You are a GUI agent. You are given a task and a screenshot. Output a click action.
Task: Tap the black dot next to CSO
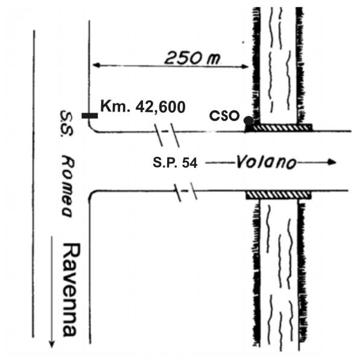point(248,120)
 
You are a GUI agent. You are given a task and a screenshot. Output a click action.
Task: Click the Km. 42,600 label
point(142,107)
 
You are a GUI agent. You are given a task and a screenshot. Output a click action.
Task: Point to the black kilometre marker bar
point(89,115)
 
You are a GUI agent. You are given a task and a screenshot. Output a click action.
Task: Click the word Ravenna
point(71,290)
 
